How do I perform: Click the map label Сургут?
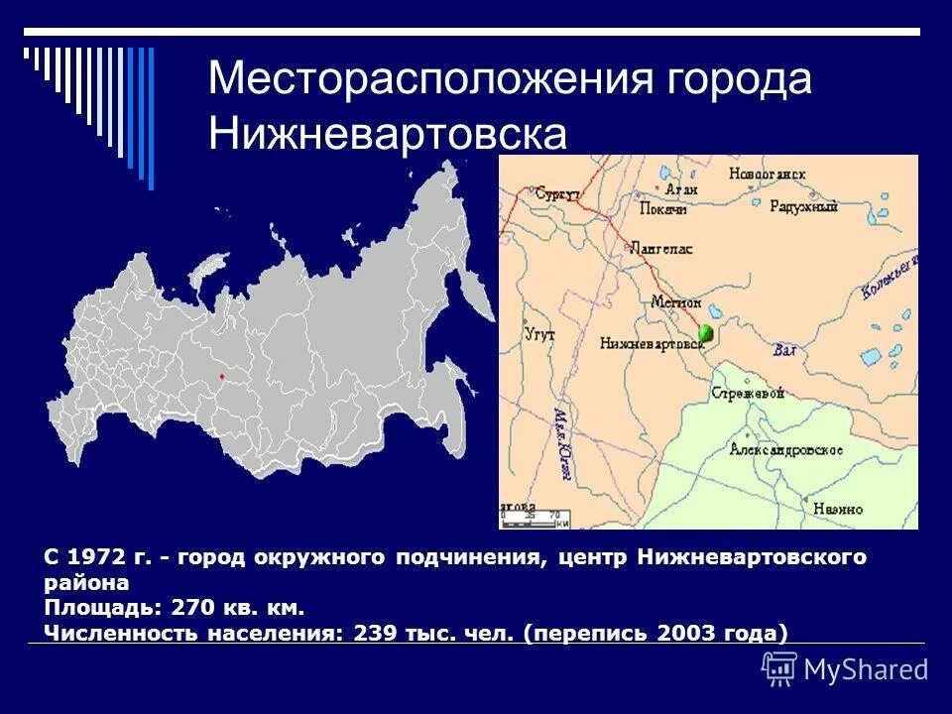point(555,194)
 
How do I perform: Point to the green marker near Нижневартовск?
point(706,333)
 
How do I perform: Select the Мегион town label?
point(676,301)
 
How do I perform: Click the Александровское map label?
point(786,449)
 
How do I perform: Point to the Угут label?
point(539,335)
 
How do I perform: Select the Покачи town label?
point(667,209)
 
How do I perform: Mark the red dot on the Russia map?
point(221,377)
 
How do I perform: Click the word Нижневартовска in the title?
point(388,134)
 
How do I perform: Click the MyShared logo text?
point(865,669)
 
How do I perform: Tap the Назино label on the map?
point(839,509)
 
